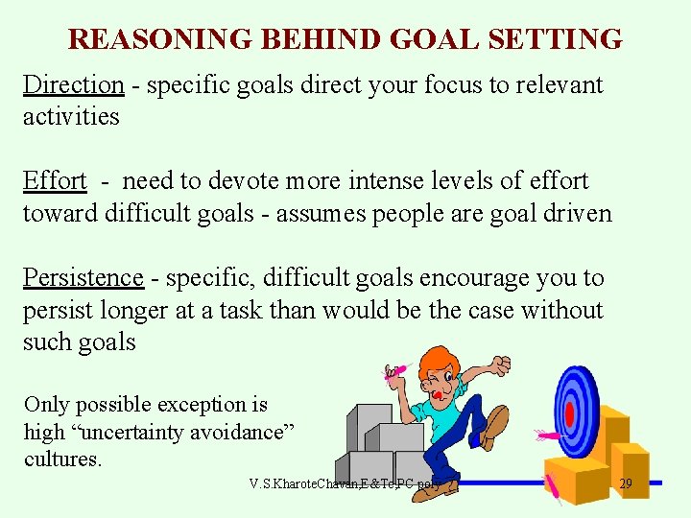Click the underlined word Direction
[74, 84]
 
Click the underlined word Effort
[55, 180]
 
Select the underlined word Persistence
[83, 277]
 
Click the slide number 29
[626, 483]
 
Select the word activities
[71, 117]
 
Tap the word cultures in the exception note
[62, 459]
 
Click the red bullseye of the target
[570, 414]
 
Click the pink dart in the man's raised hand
[397, 370]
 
